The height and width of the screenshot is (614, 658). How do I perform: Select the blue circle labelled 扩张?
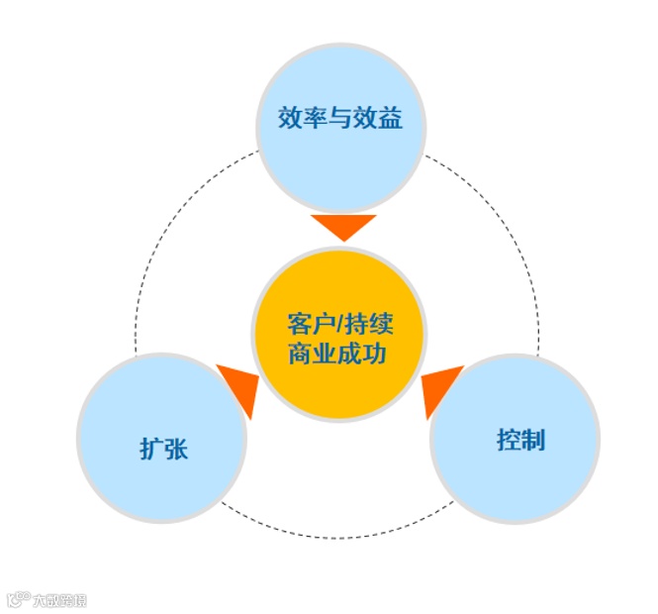(161, 437)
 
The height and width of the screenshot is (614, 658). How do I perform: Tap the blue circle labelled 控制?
(515, 438)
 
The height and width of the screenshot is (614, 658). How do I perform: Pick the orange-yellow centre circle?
(339, 335)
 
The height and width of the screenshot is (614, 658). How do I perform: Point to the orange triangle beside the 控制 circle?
(440, 388)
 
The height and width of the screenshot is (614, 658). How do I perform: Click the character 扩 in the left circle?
(149, 449)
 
